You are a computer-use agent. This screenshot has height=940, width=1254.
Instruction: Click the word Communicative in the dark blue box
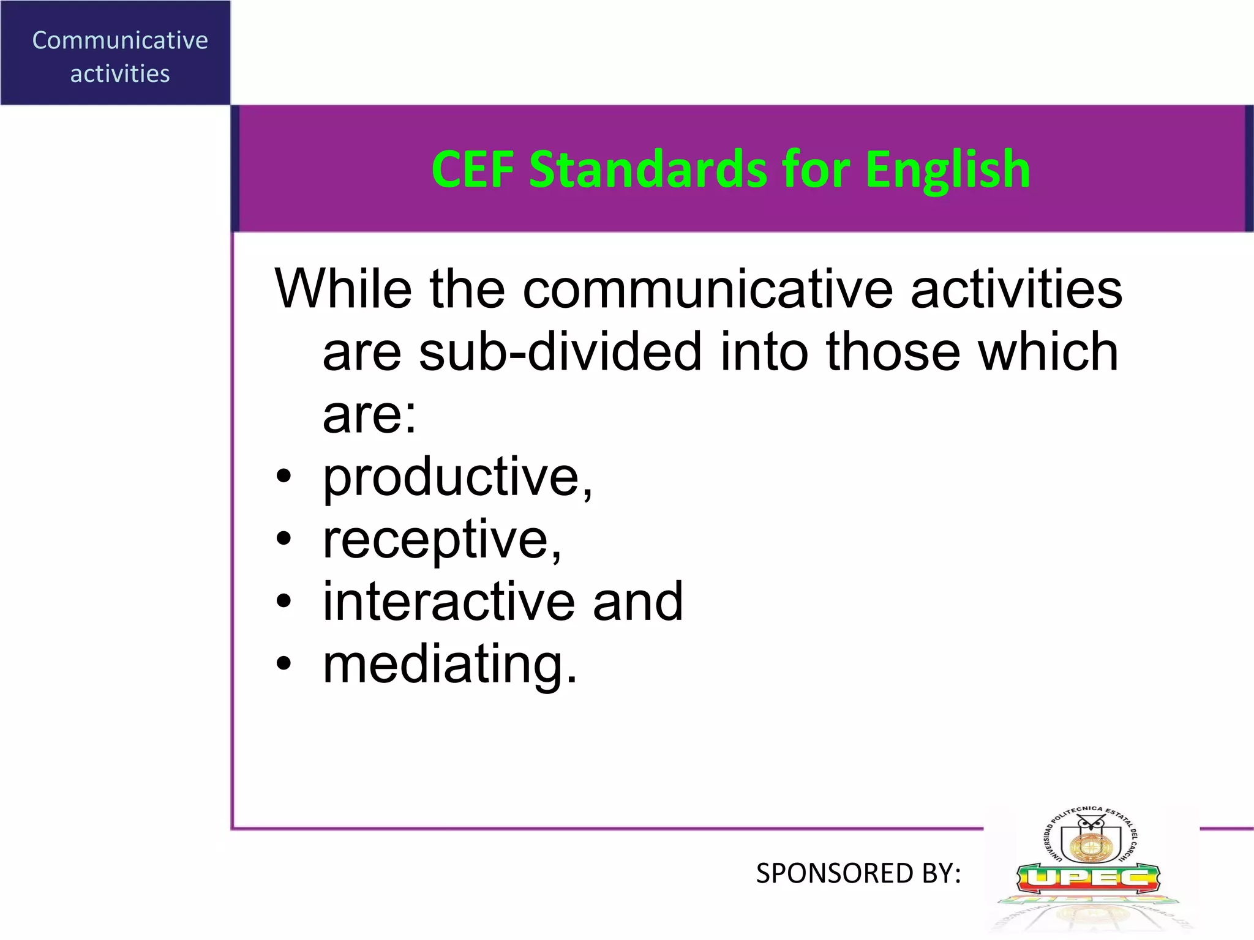point(120,40)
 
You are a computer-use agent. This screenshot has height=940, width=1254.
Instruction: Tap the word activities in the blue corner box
point(120,74)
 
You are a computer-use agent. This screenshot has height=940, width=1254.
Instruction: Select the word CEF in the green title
point(472,170)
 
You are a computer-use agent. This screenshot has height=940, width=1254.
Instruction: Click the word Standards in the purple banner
point(647,170)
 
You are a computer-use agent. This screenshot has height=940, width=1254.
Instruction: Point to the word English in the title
point(947,171)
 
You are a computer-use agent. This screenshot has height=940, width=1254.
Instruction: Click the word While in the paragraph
point(343,289)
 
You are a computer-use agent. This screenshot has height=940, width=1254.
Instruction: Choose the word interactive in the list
point(449,602)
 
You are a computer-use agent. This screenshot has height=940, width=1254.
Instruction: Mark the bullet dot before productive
point(283,477)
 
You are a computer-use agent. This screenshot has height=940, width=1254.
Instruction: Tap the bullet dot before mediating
point(283,663)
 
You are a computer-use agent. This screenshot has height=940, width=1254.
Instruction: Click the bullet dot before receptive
point(283,539)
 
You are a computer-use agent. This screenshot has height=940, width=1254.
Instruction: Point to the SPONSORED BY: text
point(858,873)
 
